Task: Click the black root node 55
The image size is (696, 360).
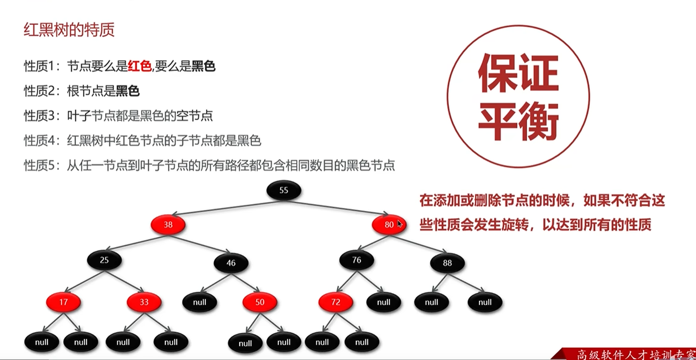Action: (284, 191)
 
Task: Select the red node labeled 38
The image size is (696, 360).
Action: (168, 225)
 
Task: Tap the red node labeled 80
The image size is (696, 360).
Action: (389, 225)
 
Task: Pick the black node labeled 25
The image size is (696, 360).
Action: (104, 260)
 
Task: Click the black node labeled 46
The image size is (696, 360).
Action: (231, 263)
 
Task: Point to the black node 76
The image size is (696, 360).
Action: (357, 260)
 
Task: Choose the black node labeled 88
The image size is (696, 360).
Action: (447, 263)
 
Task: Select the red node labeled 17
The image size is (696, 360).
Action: (63, 302)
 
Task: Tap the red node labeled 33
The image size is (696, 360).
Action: (144, 302)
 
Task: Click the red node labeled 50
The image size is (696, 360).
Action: (260, 302)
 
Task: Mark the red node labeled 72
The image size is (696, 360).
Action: (336, 302)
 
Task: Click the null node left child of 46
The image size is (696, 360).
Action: (200, 302)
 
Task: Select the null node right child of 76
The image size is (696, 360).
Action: (384, 302)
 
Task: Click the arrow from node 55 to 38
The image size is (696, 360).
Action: (224, 208)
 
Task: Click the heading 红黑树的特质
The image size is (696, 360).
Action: (69, 31)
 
